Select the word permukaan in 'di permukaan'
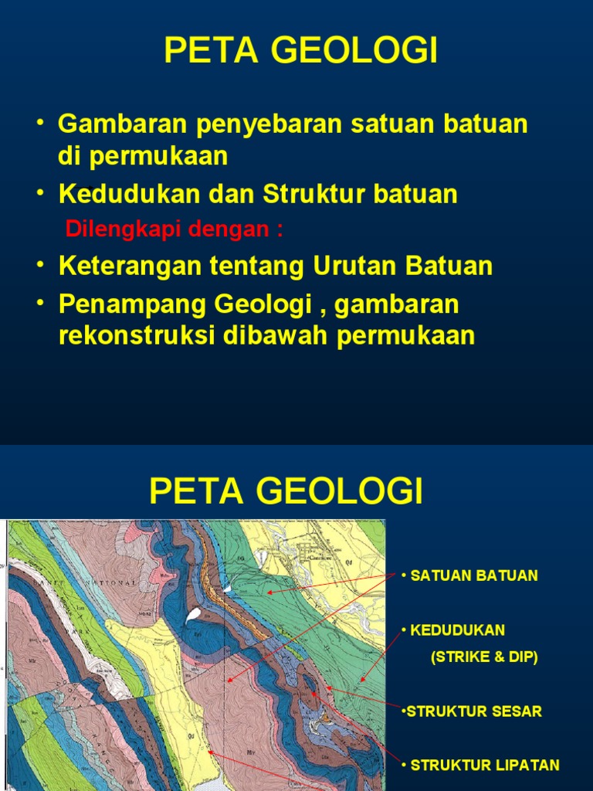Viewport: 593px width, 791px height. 159,156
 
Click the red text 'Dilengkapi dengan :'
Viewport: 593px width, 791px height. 174,229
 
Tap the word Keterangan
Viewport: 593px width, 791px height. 128,266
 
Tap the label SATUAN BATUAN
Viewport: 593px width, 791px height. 473,576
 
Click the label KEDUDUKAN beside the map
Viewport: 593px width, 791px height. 457,630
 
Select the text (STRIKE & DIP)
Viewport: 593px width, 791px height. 483,657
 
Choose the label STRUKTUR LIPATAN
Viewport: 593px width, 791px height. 484,766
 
